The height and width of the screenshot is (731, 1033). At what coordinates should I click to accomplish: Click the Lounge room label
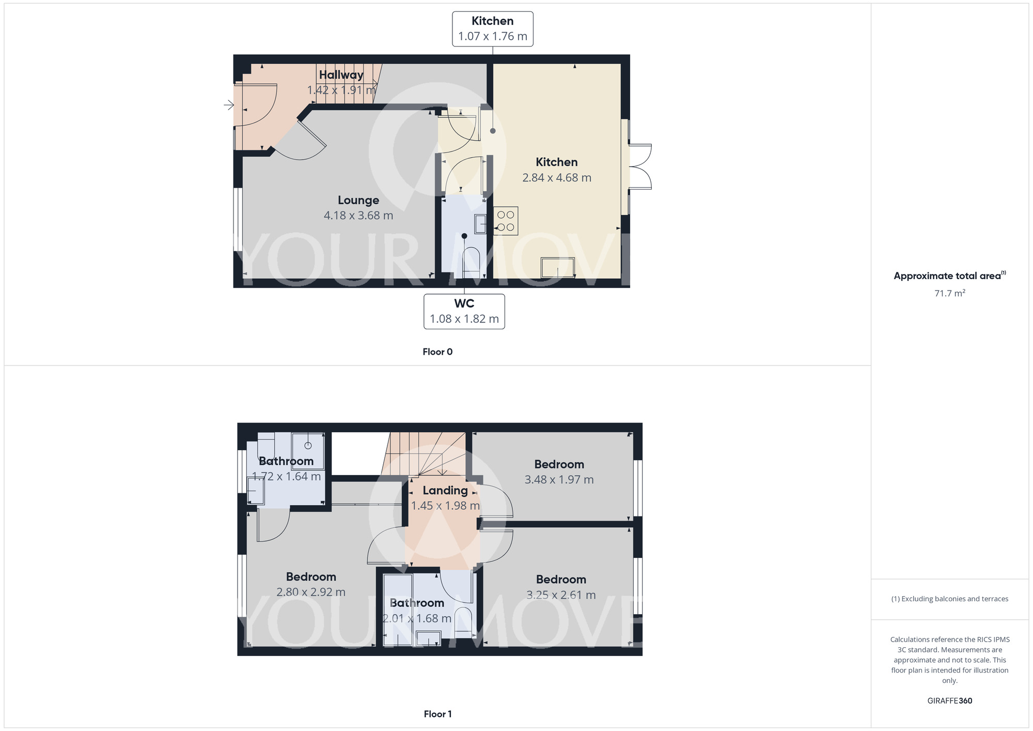(358, 200)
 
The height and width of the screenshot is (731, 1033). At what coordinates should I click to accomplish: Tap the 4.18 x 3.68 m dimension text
(358, 216)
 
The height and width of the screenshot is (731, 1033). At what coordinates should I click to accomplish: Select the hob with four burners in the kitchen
(506, 221)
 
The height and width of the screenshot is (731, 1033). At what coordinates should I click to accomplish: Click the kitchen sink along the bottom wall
(558, 268)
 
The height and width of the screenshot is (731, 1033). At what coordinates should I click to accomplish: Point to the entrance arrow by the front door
(229, 105)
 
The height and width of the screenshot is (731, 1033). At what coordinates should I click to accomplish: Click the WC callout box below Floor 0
(464, 311)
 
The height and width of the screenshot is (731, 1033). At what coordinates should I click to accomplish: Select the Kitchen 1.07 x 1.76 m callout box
(492, 29)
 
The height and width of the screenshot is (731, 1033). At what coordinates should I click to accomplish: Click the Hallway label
(341, 75)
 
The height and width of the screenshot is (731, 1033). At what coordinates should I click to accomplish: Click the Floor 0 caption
(437, 352)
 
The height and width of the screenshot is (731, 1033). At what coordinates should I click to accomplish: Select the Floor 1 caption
(437, 714)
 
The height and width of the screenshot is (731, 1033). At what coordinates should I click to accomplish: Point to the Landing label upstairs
(445, 491)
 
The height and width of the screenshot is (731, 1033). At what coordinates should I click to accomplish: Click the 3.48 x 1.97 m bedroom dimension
(559, 480)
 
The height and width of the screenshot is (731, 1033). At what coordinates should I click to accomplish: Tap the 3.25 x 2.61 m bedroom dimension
(561, 595)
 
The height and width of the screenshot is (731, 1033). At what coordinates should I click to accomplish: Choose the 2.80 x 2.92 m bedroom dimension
(310, 592)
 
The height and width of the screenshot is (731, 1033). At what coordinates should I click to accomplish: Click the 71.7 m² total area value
(949, 294)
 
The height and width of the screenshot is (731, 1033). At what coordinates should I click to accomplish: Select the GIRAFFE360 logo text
(949, 701)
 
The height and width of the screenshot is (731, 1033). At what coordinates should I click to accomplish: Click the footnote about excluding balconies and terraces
(949, 599)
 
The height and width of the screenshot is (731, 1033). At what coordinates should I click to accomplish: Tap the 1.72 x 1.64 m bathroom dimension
(286, 477)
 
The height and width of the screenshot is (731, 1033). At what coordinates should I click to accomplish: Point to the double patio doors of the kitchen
(640, 166)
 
